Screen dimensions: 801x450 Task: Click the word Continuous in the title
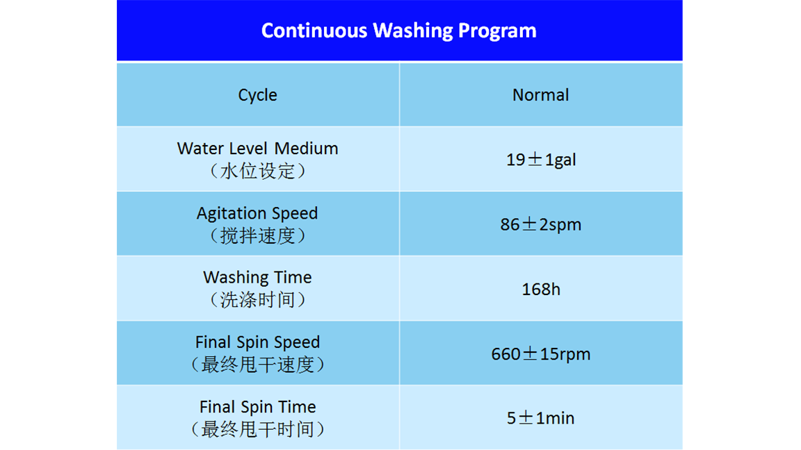[x=314, y=31]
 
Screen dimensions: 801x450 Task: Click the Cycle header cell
[x=257, y=95]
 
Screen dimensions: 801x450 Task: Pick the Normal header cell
[x=540, y=95]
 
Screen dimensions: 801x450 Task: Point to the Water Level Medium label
[x=257, y=149]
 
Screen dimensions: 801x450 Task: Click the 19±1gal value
[x=541, y=160]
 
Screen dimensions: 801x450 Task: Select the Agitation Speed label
[x=257, y=214]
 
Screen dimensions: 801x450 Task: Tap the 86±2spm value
[x=541, y=225]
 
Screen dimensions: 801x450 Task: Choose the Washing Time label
[x=257, y=278]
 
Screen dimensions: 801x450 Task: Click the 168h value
[x=541, y=290]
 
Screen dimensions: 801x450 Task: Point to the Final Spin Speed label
[x=257, y=342]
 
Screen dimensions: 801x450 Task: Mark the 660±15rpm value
[x=541, y=354]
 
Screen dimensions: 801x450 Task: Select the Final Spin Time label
[x=257, y=407]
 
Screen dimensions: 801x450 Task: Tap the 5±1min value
[x=540, y=418]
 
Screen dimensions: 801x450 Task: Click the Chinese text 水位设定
[x=257, y=171]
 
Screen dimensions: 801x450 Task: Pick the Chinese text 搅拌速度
[x=257, y=235]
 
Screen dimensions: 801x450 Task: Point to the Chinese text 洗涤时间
[x=257, y=300]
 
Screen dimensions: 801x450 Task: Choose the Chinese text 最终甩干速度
[x=257, y=365]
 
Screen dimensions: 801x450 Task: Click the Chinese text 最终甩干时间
[x=257, y=430]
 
